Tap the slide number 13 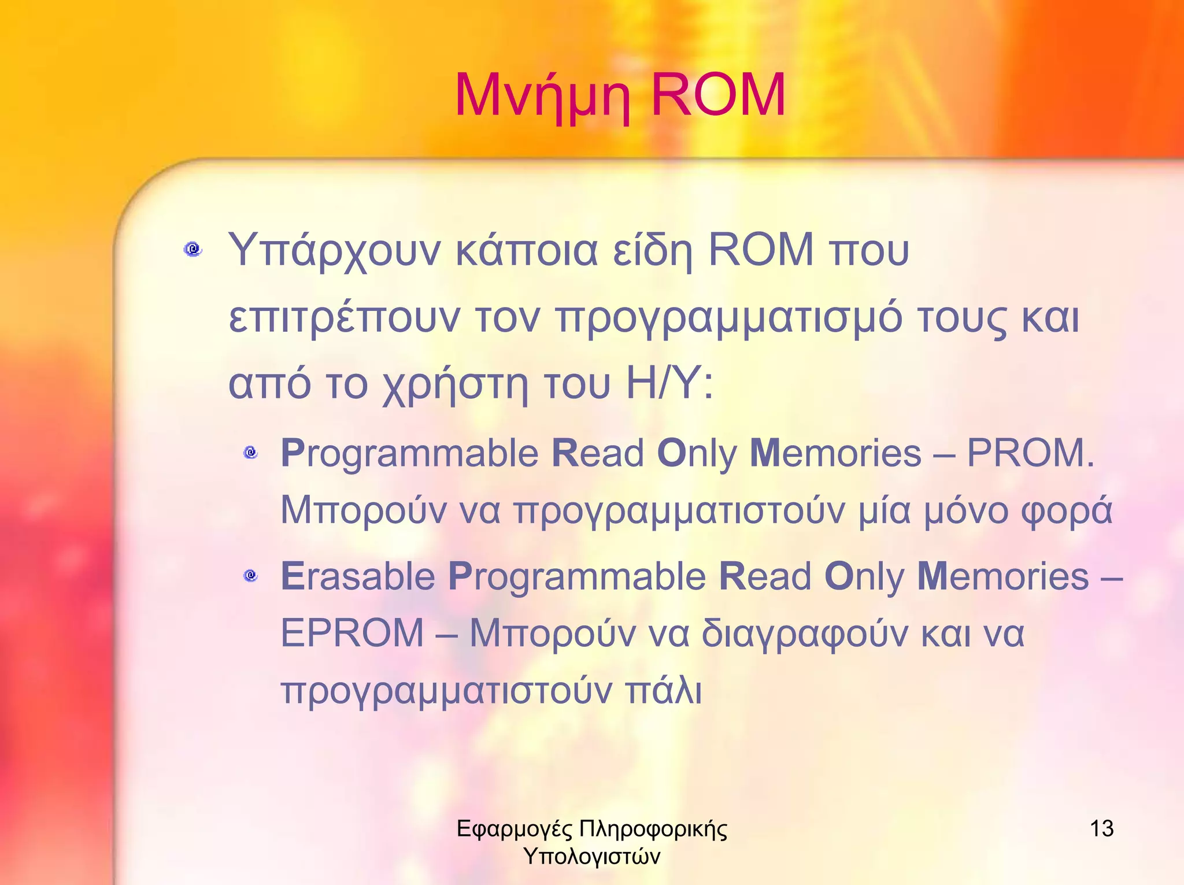click(x=1101, y=828)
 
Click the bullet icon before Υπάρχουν click(x=193, y=250)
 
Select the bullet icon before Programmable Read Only click(x=250, y=452)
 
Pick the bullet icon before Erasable click(x=250, y=575)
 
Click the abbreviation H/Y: click(x=670, y=384)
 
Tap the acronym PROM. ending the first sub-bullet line click(x=1031, y=453)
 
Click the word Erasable click(x=358, y=576)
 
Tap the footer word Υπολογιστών click(x=591, y=857)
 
